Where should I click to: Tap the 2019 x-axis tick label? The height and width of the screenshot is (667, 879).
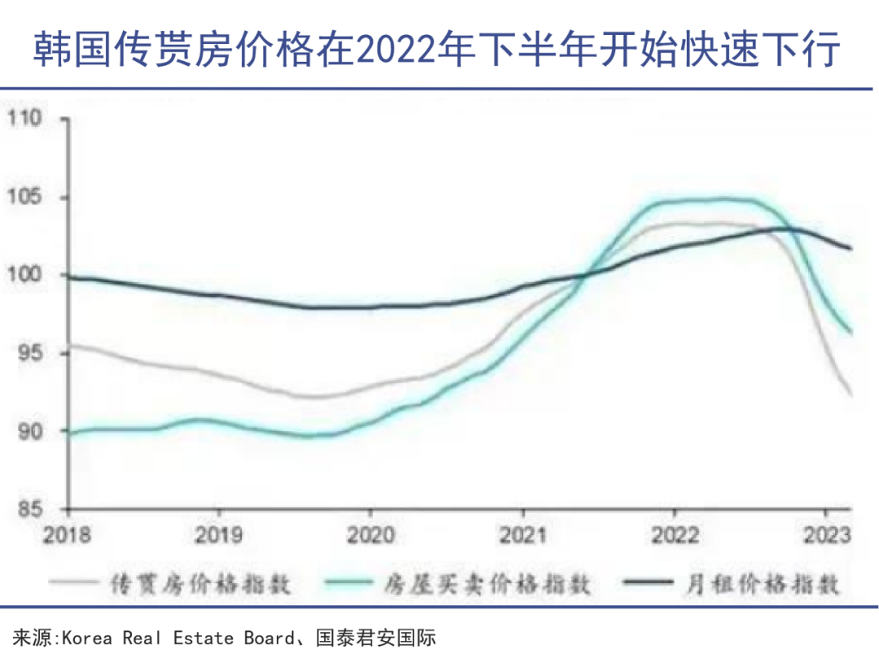[x=218, y=536]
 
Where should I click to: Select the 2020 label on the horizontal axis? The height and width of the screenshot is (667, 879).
[x=370, y=536]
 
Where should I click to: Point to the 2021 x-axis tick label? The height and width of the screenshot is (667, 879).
[x=523, y=536]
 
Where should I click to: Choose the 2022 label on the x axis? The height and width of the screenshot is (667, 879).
[x=675, y=536]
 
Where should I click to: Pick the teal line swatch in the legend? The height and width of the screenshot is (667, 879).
[x=348, y=583]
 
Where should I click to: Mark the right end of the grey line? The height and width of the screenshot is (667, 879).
[x=851, y=395]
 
